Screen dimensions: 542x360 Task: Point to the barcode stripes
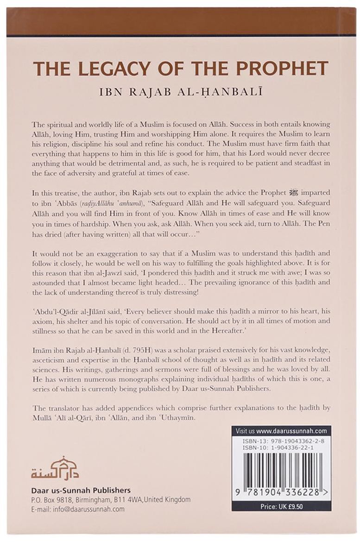(x=281, y=468)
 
